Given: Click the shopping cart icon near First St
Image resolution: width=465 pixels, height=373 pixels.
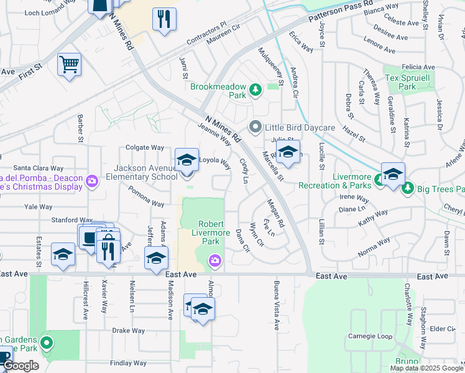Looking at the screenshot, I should (69, 64).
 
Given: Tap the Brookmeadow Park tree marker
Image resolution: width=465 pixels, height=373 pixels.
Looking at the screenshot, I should (255, 91).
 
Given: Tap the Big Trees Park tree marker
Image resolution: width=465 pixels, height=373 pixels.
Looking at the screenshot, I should (408, 188).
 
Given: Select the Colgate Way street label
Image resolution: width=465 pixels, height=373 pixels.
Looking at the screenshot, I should (145, 148).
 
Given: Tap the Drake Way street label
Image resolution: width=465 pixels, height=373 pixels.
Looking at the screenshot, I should (128, 331).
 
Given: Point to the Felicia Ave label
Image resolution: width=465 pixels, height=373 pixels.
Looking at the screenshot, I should (418, 67).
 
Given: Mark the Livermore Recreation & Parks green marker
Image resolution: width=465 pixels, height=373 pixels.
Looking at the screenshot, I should (378, 181).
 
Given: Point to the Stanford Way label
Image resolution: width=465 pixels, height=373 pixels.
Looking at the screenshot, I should (71, 219).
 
